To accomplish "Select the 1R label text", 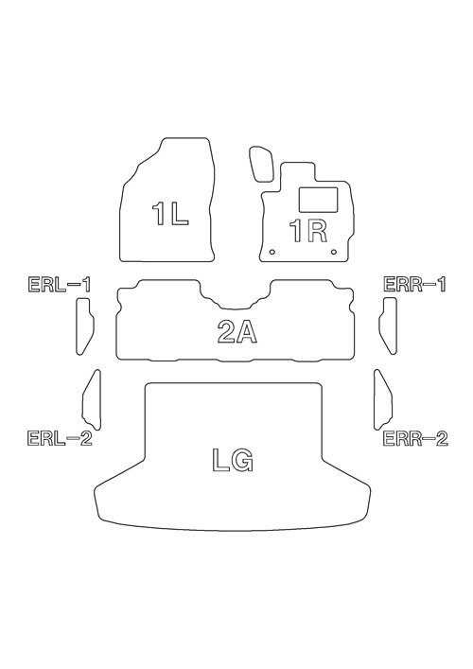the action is [308, 231].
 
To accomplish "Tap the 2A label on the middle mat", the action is [237, 332].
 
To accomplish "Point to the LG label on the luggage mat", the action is [233, 461].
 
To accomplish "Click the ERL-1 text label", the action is [60, 285].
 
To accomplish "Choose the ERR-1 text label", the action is [415, 284].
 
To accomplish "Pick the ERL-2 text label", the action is [60, 438].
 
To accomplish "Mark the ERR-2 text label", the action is [416, 438].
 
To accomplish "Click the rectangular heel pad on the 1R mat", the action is [319, 200].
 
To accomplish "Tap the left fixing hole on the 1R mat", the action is [272, 252].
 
